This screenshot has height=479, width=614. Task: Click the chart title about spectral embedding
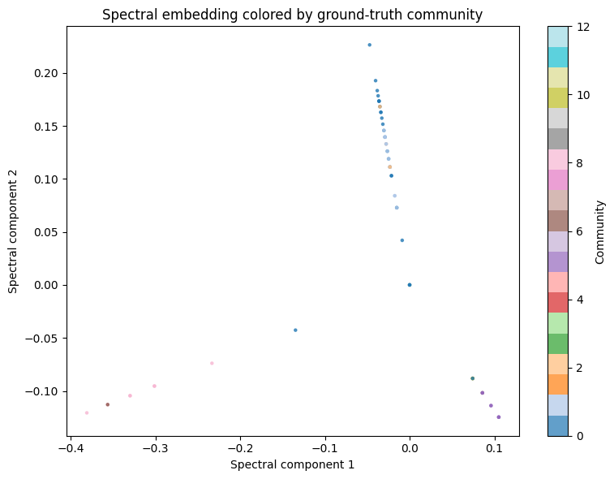pyautogui.click(x=292, y=14)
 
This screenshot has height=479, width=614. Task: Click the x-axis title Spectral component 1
pyautogui.click(x=292, y=465)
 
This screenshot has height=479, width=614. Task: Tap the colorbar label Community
pyautogui.click(x=600, y=231)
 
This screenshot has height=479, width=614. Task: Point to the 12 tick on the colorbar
pyautogui.click(x=578, y=27)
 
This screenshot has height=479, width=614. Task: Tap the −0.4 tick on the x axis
pyautogui.click(x=71, y=447)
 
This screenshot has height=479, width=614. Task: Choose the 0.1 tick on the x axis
pyautogui.click(x=495, y=447)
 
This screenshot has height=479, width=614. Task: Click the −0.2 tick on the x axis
pyautogui.click(x=240, y=447)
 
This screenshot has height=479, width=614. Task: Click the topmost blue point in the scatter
pyautogui.click(x=369, y=45)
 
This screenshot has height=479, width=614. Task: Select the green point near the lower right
pyautogui.click(x=472, y=378)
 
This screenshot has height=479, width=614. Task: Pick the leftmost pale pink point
pyautogui.click(x=87, y=413)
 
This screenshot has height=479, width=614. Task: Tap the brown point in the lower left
pyautogui.click(x=107, y=404)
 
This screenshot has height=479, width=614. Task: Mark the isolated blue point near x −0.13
pyautogui.click(x=295, y=330)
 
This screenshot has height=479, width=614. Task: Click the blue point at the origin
pyautogui.click(x=410, y=285)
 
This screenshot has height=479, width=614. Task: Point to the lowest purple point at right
pyautogui.click(x=498, y=417)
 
